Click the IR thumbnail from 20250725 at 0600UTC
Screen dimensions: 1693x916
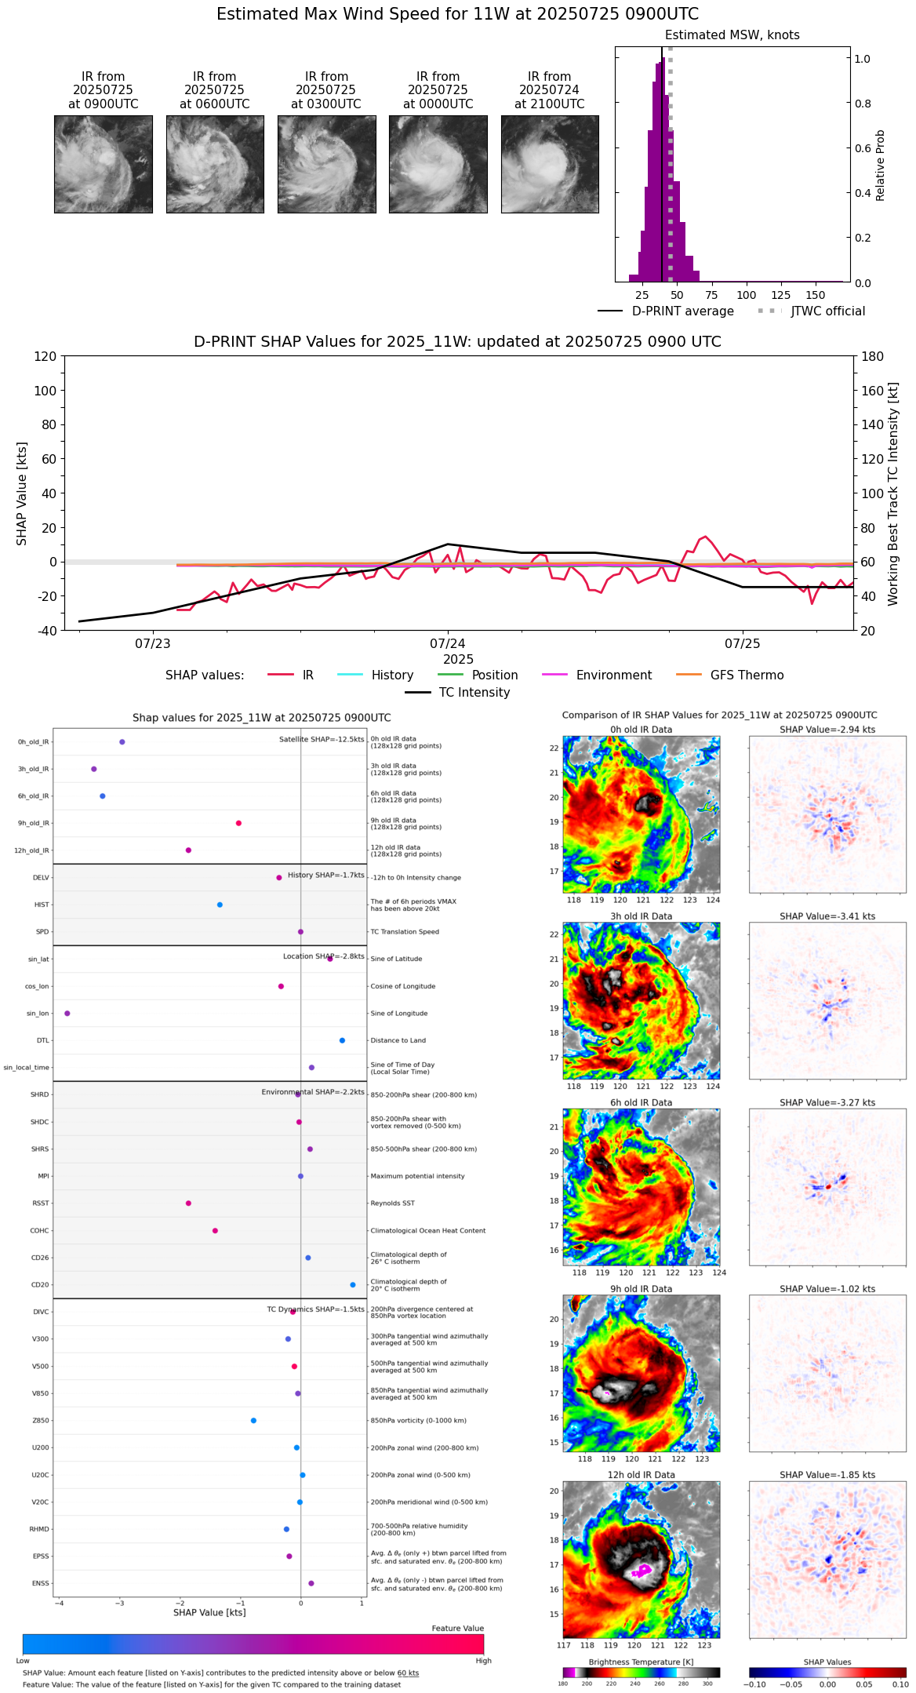(x=215, y=164)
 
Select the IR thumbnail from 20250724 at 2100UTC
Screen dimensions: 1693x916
(x=550, y=164)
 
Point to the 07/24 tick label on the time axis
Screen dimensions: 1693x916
(x=448, y=644)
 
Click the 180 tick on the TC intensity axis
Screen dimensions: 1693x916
(x=873, y=356)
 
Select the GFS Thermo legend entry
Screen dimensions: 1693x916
(x=747, y=675)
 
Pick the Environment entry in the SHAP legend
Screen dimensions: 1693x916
(x=613, y=675)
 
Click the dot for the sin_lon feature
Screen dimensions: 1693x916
(x=67, y=1014)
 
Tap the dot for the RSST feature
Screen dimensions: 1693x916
(x=188, y=1203)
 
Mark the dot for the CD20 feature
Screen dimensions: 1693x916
(x=353, y=1285)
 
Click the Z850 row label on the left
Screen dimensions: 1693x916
(x=41, y=1421)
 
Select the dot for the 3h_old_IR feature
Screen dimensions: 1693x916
(x=94, y=769)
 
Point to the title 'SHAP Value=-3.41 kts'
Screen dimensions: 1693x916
(x=827, y=916)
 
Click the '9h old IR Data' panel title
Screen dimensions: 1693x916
(x=641, y=1289)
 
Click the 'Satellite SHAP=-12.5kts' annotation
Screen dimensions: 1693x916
(x=322, y=739)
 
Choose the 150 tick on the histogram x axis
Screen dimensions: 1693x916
(x=816, y=295)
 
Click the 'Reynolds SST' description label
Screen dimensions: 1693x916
(x=392, y=1203)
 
